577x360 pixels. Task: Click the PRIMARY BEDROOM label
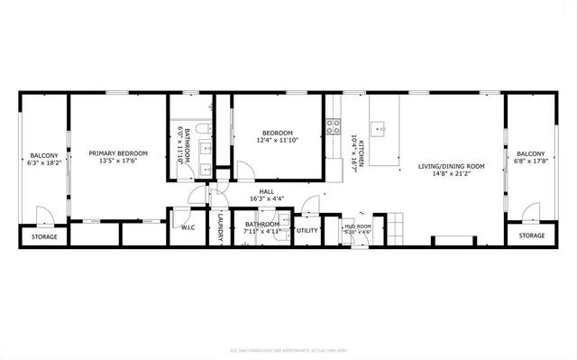(x=118, y=153)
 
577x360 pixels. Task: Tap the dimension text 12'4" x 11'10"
(x=277, y=140)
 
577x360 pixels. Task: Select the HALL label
(x=267, y=191)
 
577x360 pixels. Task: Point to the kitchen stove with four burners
(x=333, y=128)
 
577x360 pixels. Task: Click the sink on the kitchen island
(x=382, y=128)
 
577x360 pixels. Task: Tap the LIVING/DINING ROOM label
(x=452, y=166)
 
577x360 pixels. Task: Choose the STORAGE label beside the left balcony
(x=44, y=237)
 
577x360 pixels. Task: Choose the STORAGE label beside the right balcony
(x=531, y=236)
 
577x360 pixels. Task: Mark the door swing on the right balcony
(x=533, y=214)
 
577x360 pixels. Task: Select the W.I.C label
(x=188, y=227)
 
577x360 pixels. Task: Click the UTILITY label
(x=307, y=230)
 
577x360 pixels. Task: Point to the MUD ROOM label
(x=358, y=226)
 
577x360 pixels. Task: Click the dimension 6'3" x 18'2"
(x=44, y=163)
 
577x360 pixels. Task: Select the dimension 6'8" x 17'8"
(x=531, y=163)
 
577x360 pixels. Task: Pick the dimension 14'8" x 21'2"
(x=452, y=174)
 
